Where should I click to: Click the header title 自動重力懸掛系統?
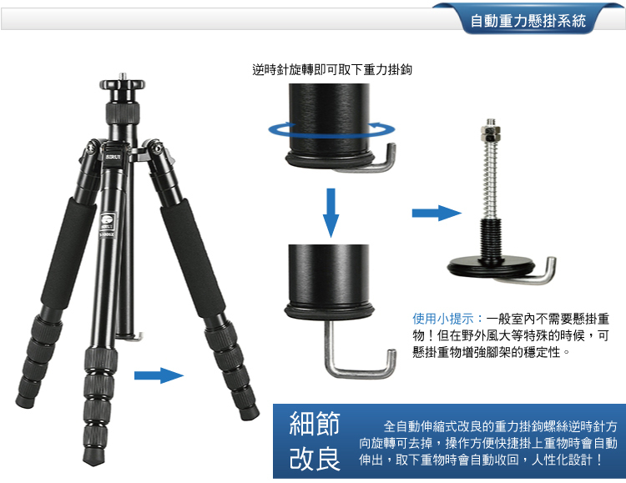pos(528,21)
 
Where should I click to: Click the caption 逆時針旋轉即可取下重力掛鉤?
pos(332,70)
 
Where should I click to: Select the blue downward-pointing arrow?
pos(331,213)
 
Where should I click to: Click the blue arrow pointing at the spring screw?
pos(437,214)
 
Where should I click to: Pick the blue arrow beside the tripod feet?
pos(159,375)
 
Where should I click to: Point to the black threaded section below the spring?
pos(491,239)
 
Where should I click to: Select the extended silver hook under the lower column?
pos(359,355)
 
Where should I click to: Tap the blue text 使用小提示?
pos(443,319)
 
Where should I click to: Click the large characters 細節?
pos(315,423)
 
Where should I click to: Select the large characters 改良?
pos(315,459)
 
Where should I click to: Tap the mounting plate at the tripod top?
pos(123,84)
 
